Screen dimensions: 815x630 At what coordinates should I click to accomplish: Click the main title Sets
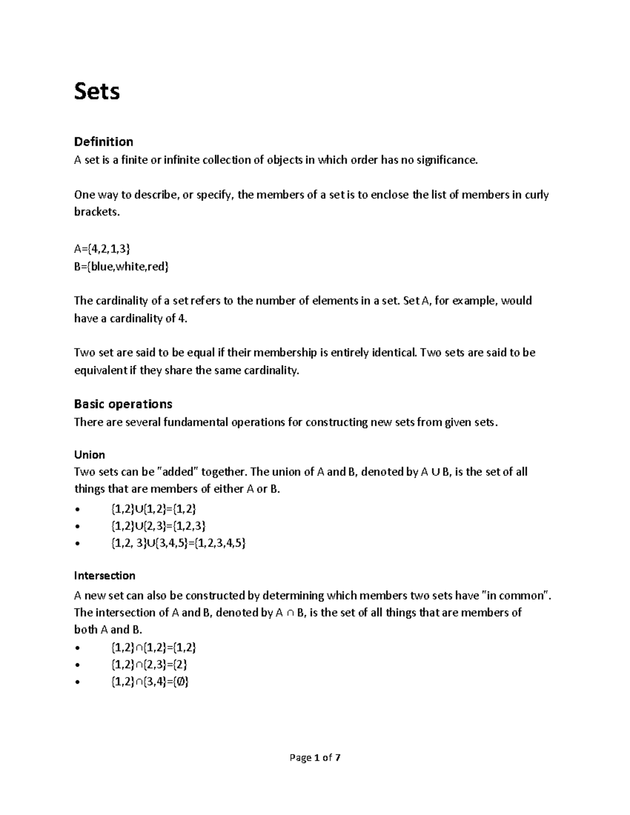click(97, 91)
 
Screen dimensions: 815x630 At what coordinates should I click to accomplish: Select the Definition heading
click(103, 142)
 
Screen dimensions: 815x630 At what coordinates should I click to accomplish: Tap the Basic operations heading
click(123, 404)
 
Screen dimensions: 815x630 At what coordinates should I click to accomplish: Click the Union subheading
click(89, 454)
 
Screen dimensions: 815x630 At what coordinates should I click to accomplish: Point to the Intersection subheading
click(104, 576)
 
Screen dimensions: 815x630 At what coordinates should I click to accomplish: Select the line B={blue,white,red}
click(122, 267)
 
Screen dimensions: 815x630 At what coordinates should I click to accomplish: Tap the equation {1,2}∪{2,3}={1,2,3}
click(158, 526)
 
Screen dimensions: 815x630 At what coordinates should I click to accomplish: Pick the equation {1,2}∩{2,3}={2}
click(149, 664)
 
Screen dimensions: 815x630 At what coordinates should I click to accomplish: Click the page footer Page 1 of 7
click(315, 757)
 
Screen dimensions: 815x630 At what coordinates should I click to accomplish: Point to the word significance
click(447, 160)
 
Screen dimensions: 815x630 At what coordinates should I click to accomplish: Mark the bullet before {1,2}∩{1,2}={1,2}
click(78, 648)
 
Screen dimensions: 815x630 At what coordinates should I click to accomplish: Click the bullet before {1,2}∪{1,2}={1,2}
click(78, 509)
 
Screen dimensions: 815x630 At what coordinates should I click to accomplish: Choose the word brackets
click(97, 213)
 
